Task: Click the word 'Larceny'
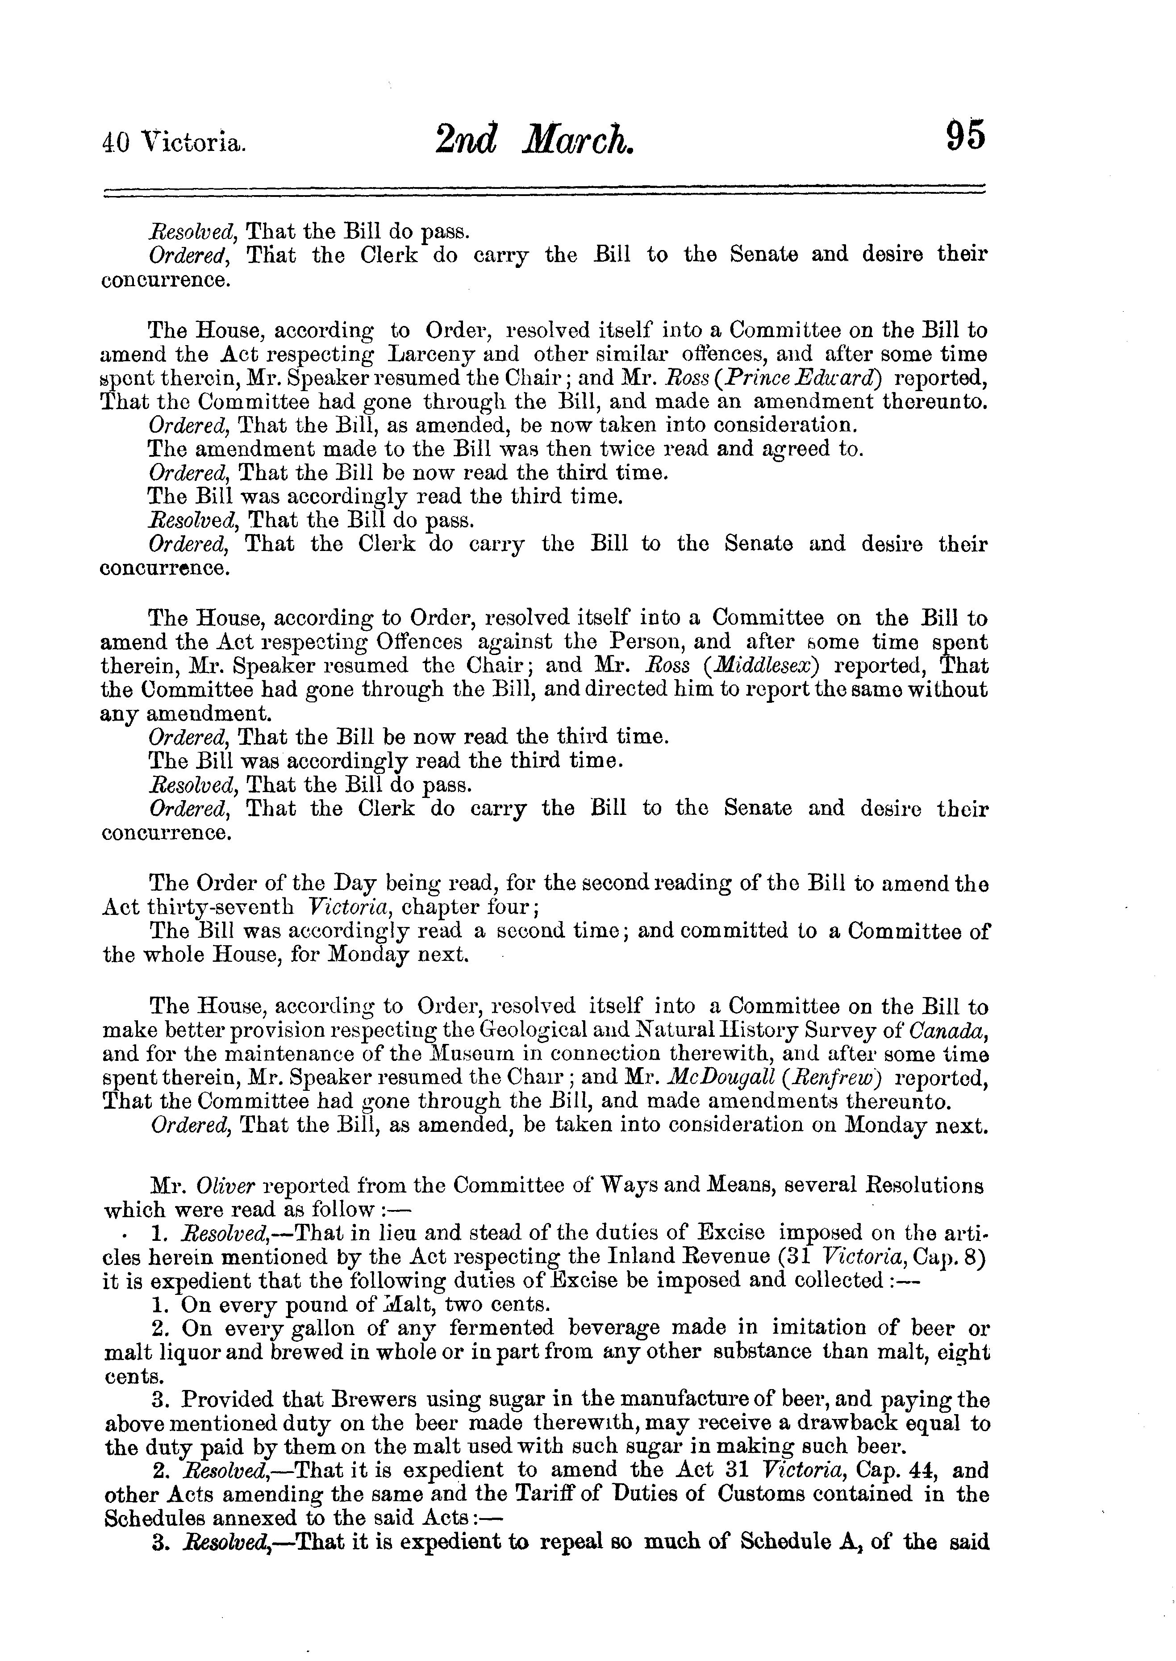pyautogui.click(x=431, y=355)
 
